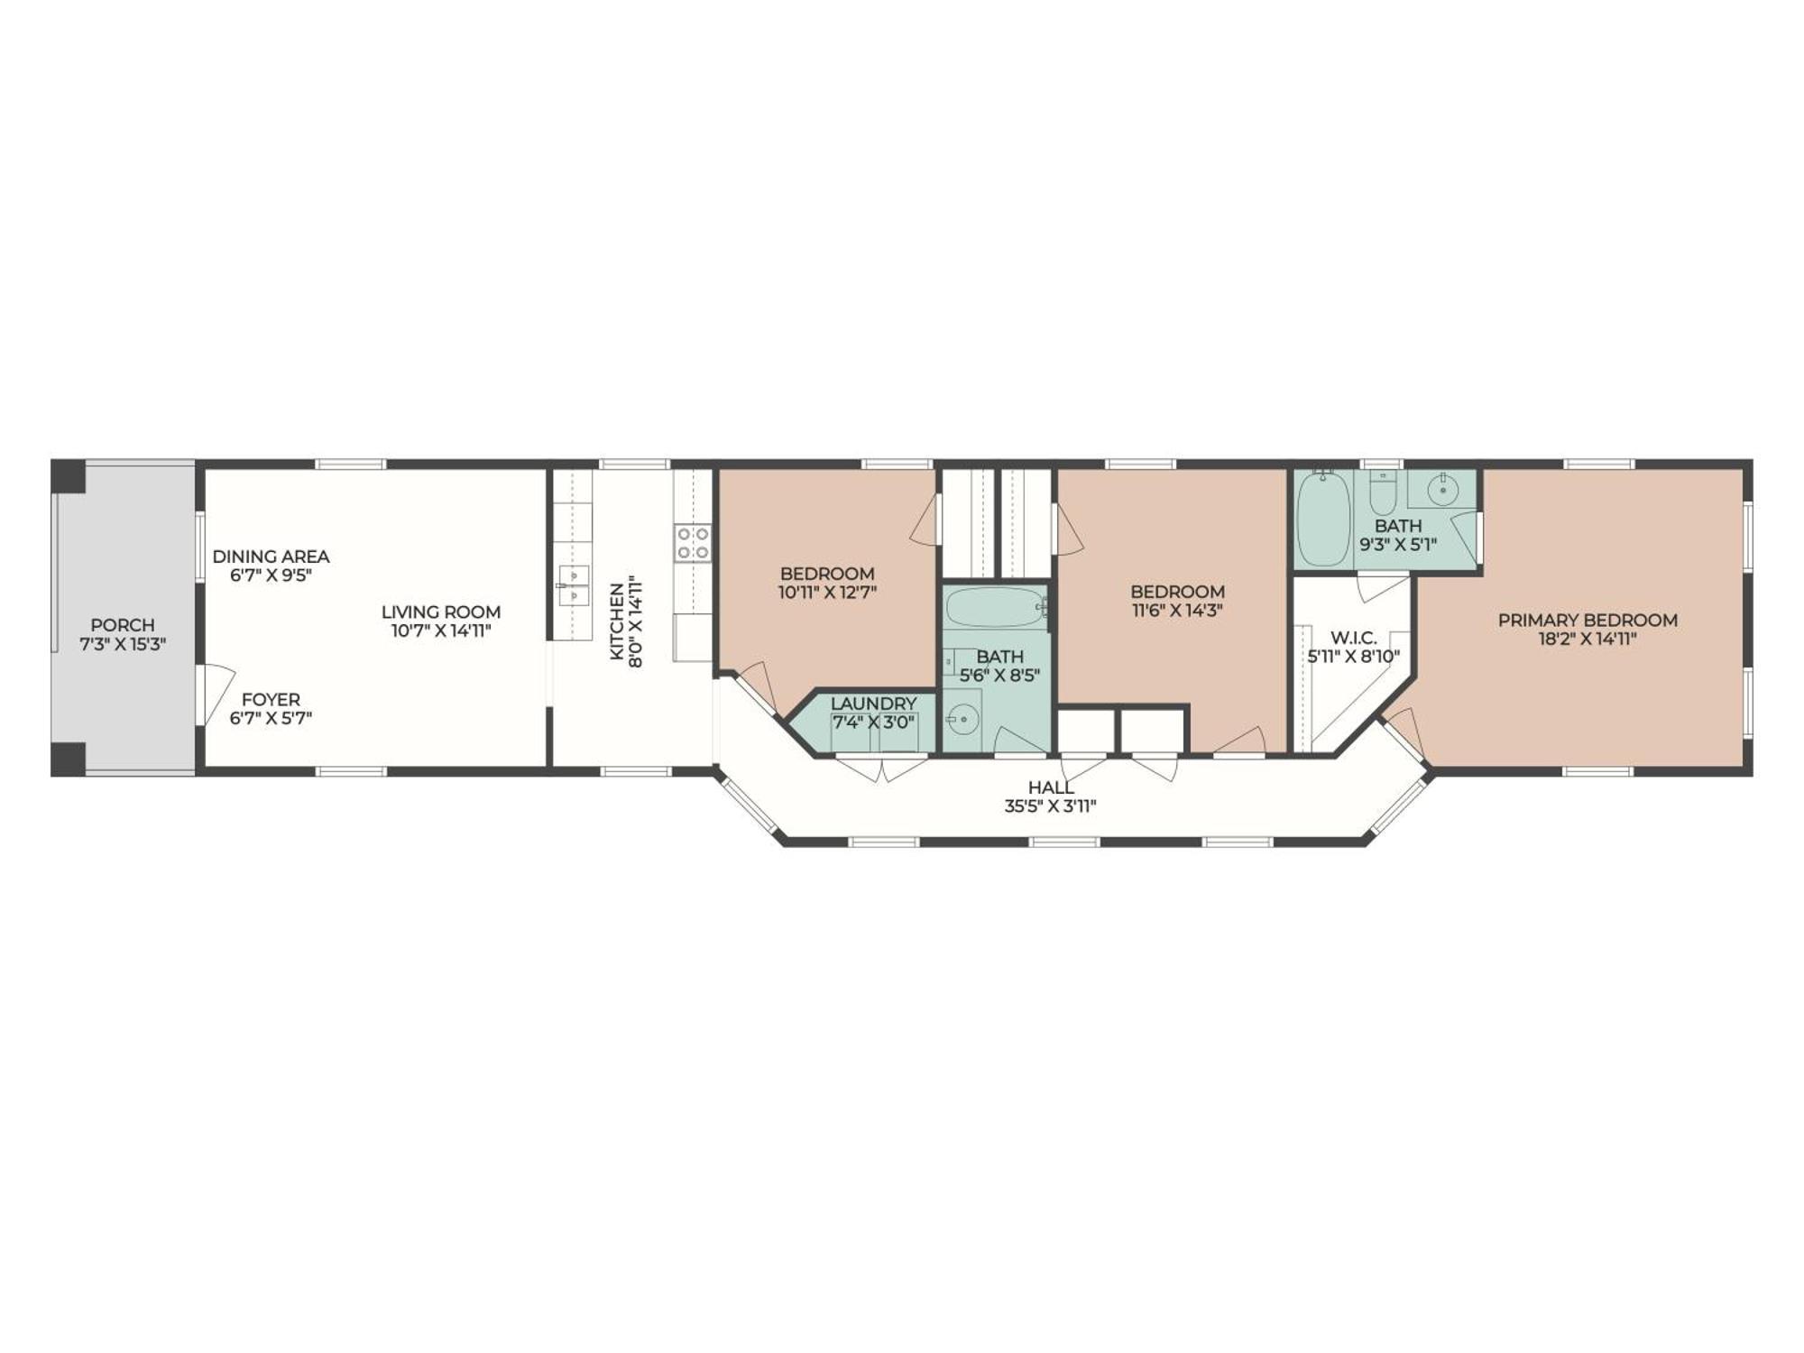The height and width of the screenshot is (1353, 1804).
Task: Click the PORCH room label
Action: point(123,624)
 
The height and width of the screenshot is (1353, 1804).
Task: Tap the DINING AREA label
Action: point(271,557)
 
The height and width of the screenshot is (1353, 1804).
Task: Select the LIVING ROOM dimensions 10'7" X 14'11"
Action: point(440,630)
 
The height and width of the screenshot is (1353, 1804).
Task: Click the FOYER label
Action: point(271,699)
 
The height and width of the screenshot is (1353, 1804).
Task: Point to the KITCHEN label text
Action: point(617,622)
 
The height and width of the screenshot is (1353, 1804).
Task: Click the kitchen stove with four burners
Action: point(692,543)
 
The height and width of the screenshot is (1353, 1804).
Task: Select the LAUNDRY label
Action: point(873,703)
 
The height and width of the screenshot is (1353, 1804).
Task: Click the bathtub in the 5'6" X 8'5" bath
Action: point(996,608)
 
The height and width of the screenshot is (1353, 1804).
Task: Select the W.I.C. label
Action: point(1353,638)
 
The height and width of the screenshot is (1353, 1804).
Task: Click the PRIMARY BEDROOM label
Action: point(1588,620)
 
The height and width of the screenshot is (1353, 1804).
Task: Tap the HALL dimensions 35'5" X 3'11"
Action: point(1050,805)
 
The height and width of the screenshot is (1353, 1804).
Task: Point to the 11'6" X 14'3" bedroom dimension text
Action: point(1177,610)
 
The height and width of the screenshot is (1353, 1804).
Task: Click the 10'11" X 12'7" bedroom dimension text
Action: point(827,592)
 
